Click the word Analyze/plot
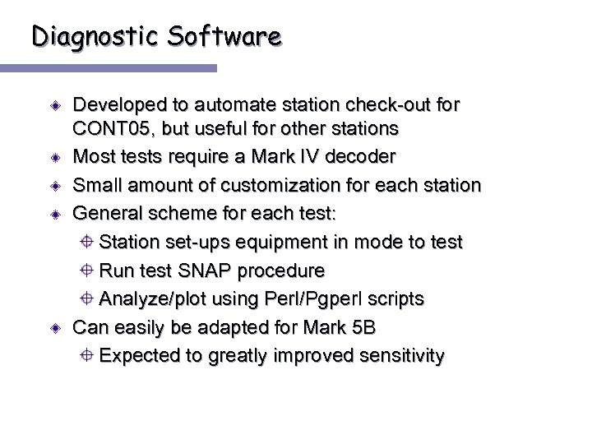point(153,299)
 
